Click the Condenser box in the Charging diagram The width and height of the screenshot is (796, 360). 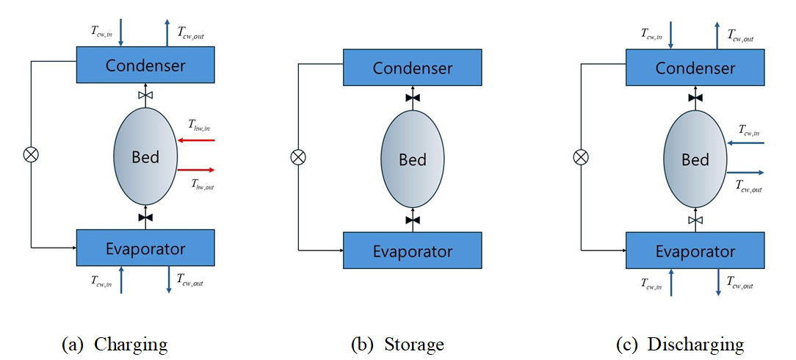tap(145, 65)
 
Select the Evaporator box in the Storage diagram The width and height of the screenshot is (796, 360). tap(413, 251)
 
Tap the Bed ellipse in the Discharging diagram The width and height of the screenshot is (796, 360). tap(695, 159)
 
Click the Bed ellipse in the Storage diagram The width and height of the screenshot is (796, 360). tap(413, 159)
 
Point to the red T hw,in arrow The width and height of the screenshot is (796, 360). tap(195, 139)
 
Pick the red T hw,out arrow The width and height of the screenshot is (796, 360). tap(195, 170)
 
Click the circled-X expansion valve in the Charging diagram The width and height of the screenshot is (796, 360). tap(32, 154)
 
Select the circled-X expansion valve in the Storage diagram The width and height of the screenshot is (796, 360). tap(298, 156)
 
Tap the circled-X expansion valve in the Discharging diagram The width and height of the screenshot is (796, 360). tap(581, 156)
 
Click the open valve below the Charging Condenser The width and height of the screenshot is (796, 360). tap(145, 96)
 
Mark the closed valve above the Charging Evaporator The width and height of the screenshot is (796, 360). tap(145, 217)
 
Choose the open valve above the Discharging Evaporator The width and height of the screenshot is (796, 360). tap(695, 220)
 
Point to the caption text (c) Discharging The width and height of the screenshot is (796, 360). tap(680, 344)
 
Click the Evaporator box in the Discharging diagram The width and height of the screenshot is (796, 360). tap(695, 251)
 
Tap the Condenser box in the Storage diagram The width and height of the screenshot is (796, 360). tap(413, 68)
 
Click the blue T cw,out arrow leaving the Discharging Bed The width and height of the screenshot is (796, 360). tap(745, 173)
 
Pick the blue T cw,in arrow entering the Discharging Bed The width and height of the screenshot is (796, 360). tap(745, 143)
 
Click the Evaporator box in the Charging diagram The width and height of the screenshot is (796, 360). tap(145, 248)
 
